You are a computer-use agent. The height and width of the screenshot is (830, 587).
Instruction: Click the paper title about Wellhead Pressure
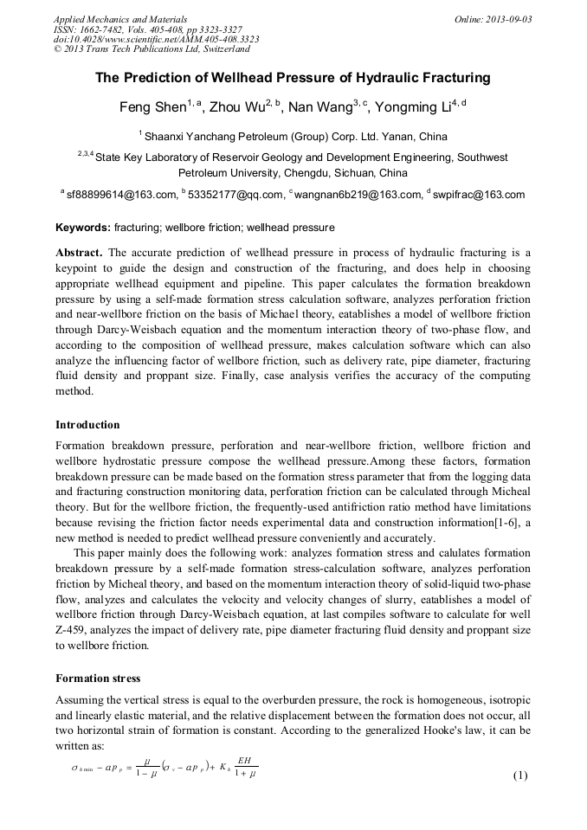coord(293,78)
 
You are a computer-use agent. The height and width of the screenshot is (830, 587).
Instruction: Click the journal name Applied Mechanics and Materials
coord(119,19)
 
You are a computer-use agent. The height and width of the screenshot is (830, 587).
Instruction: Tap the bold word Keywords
coord(82,228)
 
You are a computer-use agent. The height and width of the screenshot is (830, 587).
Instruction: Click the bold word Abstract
coord(79,253)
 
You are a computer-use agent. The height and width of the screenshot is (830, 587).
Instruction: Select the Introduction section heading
coord(87,425)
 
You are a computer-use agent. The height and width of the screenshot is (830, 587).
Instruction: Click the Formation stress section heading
coord(97,678)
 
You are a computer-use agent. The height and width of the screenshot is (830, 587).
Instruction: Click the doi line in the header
coord(156,40)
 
